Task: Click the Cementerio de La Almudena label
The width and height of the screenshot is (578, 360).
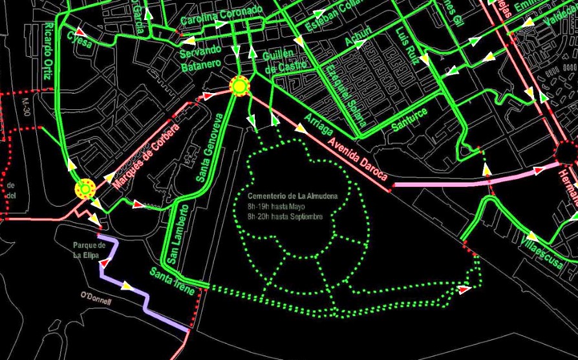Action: (285, 196)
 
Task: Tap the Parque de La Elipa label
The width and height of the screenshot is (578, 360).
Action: (89, 249)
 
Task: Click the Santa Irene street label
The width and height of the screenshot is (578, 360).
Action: (172, 282)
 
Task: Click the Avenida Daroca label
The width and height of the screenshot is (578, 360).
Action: (357, 159)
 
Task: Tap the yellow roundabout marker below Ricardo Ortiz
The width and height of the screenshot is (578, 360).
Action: (85, 189)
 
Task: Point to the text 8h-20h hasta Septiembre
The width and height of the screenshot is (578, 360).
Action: (284, 217)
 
